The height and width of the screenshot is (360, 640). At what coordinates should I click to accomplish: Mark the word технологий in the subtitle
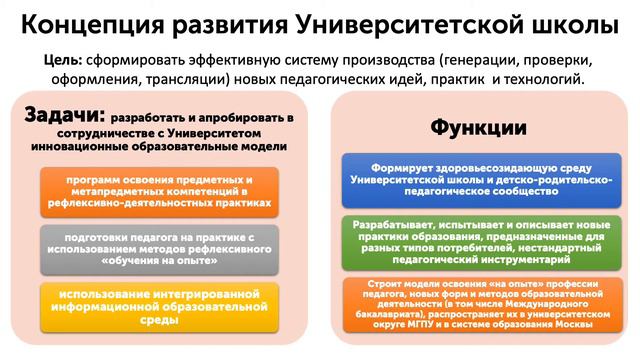pos(541,79)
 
